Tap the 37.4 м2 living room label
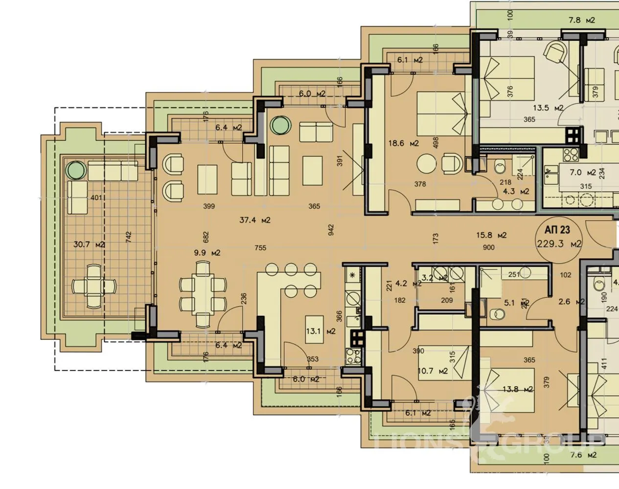click(255, 220)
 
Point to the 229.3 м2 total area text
click(559, 244)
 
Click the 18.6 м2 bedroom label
click(404, 143)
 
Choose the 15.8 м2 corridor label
click(491, 235)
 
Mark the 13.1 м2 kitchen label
click(320, 331)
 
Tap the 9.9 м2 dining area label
click(206, 253)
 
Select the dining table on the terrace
click(94, 285)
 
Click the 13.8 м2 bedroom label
click(517, 389)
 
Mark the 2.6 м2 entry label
click(571, 302)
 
